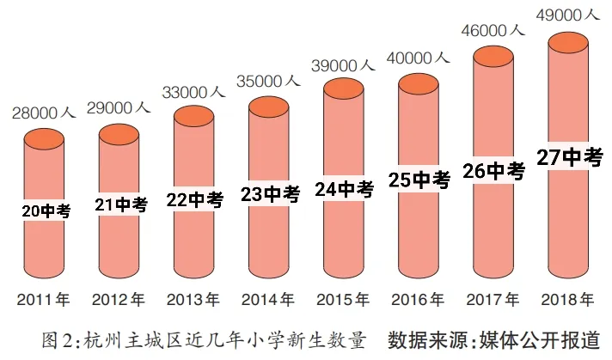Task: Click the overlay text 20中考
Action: point(45,211)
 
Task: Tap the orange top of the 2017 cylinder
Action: point(493,58)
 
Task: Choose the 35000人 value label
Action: point(269,81)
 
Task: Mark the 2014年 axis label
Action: point(268,301)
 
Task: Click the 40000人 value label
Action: point(419,58)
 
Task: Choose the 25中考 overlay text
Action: point(419,181)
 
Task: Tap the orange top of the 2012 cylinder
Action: point(119,134)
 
